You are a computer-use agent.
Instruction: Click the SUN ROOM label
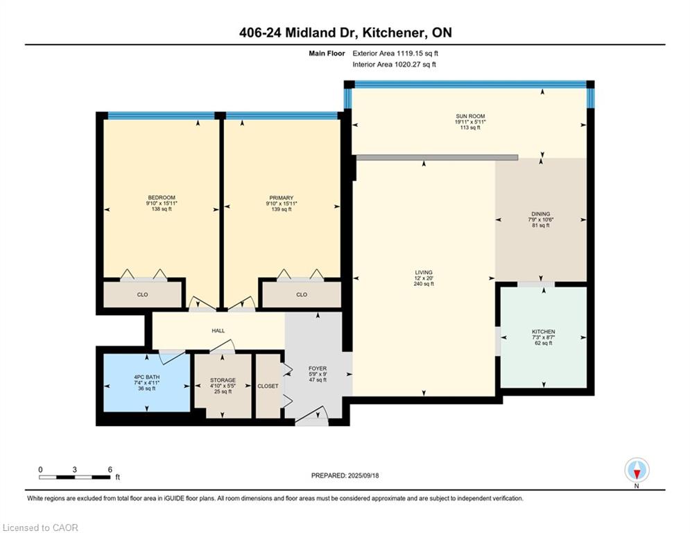[470, 117]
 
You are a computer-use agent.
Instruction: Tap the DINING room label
[540, 214]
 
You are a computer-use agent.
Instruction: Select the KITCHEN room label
[544, 332]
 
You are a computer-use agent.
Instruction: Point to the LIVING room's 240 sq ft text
[423, 284]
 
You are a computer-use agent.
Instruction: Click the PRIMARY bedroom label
[281, 198]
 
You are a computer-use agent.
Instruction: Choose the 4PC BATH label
[146, 378]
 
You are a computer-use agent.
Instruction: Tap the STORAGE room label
[223, 380]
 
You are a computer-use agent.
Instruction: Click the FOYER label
[318, 369]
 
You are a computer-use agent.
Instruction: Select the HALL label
[218, 331]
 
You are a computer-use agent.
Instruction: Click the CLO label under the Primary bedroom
[302, 295]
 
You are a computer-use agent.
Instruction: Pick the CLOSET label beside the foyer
[268, 387]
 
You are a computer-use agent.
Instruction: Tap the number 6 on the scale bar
[110, 470]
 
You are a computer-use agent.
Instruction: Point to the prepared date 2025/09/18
[363, 475]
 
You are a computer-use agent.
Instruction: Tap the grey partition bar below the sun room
[437, 158]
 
